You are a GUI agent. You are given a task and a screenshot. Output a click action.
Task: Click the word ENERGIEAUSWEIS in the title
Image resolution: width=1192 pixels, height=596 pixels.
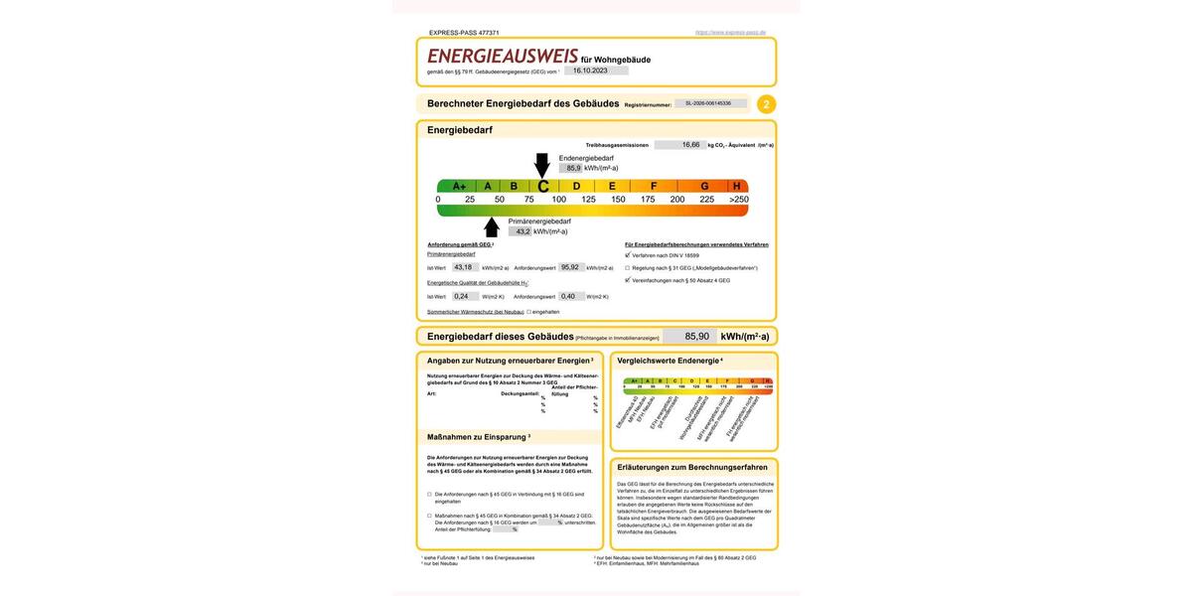(x=502, y=57)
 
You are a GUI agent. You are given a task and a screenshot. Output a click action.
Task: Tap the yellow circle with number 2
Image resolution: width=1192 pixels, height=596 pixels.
(x=766, y=103)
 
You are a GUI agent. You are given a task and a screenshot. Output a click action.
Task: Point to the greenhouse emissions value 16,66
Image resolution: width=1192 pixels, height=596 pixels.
(x=690, y=145)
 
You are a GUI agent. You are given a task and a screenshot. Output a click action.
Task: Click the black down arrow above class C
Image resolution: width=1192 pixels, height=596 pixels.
(x=541, y=165)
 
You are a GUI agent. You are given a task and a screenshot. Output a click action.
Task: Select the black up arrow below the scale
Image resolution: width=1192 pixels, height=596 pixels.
(x=491, y=226)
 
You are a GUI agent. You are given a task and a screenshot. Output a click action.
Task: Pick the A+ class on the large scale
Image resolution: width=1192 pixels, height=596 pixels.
(x=459, y=186)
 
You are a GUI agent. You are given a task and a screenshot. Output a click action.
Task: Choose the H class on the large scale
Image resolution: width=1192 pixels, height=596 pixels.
(x=736, y=186)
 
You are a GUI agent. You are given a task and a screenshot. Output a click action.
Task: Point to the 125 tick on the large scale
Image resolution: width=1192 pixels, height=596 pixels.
(x=588, y=200)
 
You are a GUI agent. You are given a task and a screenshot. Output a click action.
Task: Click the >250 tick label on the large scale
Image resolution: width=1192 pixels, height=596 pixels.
(x=738, y=200)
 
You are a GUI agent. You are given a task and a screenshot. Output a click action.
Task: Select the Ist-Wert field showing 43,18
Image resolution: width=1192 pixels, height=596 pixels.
(x=465, y=267)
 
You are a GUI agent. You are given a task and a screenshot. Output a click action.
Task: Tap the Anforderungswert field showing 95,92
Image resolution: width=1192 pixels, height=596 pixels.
(x=570, y=267)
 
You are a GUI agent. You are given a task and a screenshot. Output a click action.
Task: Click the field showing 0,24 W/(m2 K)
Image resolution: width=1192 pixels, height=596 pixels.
(x=463, y=296)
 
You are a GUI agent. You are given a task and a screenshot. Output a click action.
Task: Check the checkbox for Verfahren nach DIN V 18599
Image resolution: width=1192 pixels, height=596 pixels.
(x=627, y=255)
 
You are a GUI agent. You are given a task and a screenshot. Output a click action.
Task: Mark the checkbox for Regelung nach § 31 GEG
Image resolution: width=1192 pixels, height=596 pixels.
(x=627, y=267)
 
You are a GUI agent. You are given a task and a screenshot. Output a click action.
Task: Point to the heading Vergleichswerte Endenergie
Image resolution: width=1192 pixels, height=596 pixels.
(x=668, y=361)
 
